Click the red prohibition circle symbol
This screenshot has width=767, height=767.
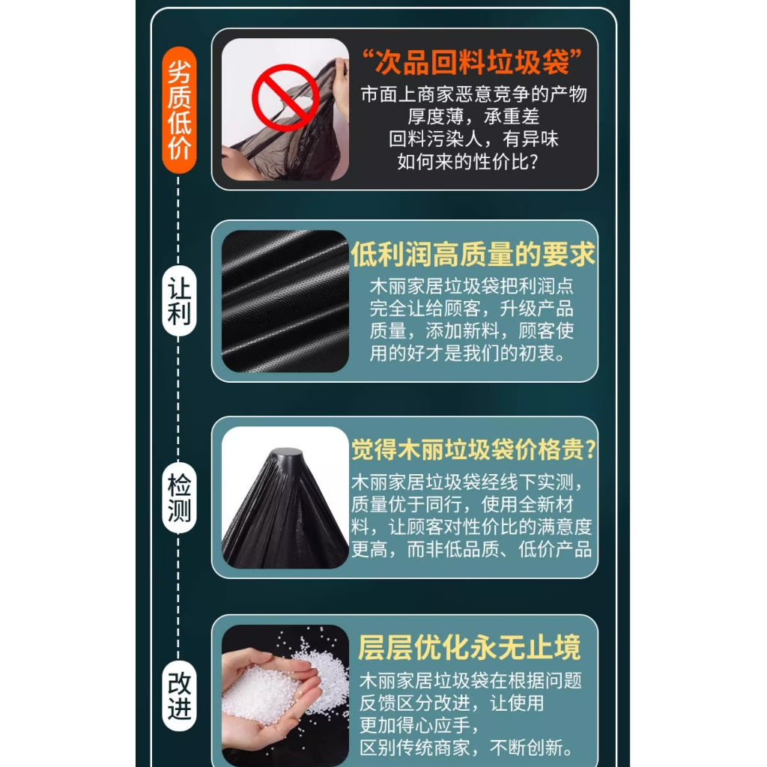tap(285, 97)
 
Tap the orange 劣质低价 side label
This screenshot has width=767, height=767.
tap(179, 110)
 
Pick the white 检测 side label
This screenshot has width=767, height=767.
tap(179, 498)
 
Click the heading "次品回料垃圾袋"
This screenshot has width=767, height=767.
tap(472, 62)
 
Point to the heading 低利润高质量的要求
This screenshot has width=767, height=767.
tap(473, 255)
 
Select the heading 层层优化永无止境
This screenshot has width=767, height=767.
tap(469, 648)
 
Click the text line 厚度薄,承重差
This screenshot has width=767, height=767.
tap(473, 117)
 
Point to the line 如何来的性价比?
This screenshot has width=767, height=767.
tap(467, 162)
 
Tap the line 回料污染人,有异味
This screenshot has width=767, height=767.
tap(473, 139)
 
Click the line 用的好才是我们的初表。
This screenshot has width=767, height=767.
tap(467, 354)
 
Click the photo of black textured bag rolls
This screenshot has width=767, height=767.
tap(285, 301)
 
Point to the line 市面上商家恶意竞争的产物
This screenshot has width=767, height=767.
tap(473, 94)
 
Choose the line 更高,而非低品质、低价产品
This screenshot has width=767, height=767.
tap(472, 550)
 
